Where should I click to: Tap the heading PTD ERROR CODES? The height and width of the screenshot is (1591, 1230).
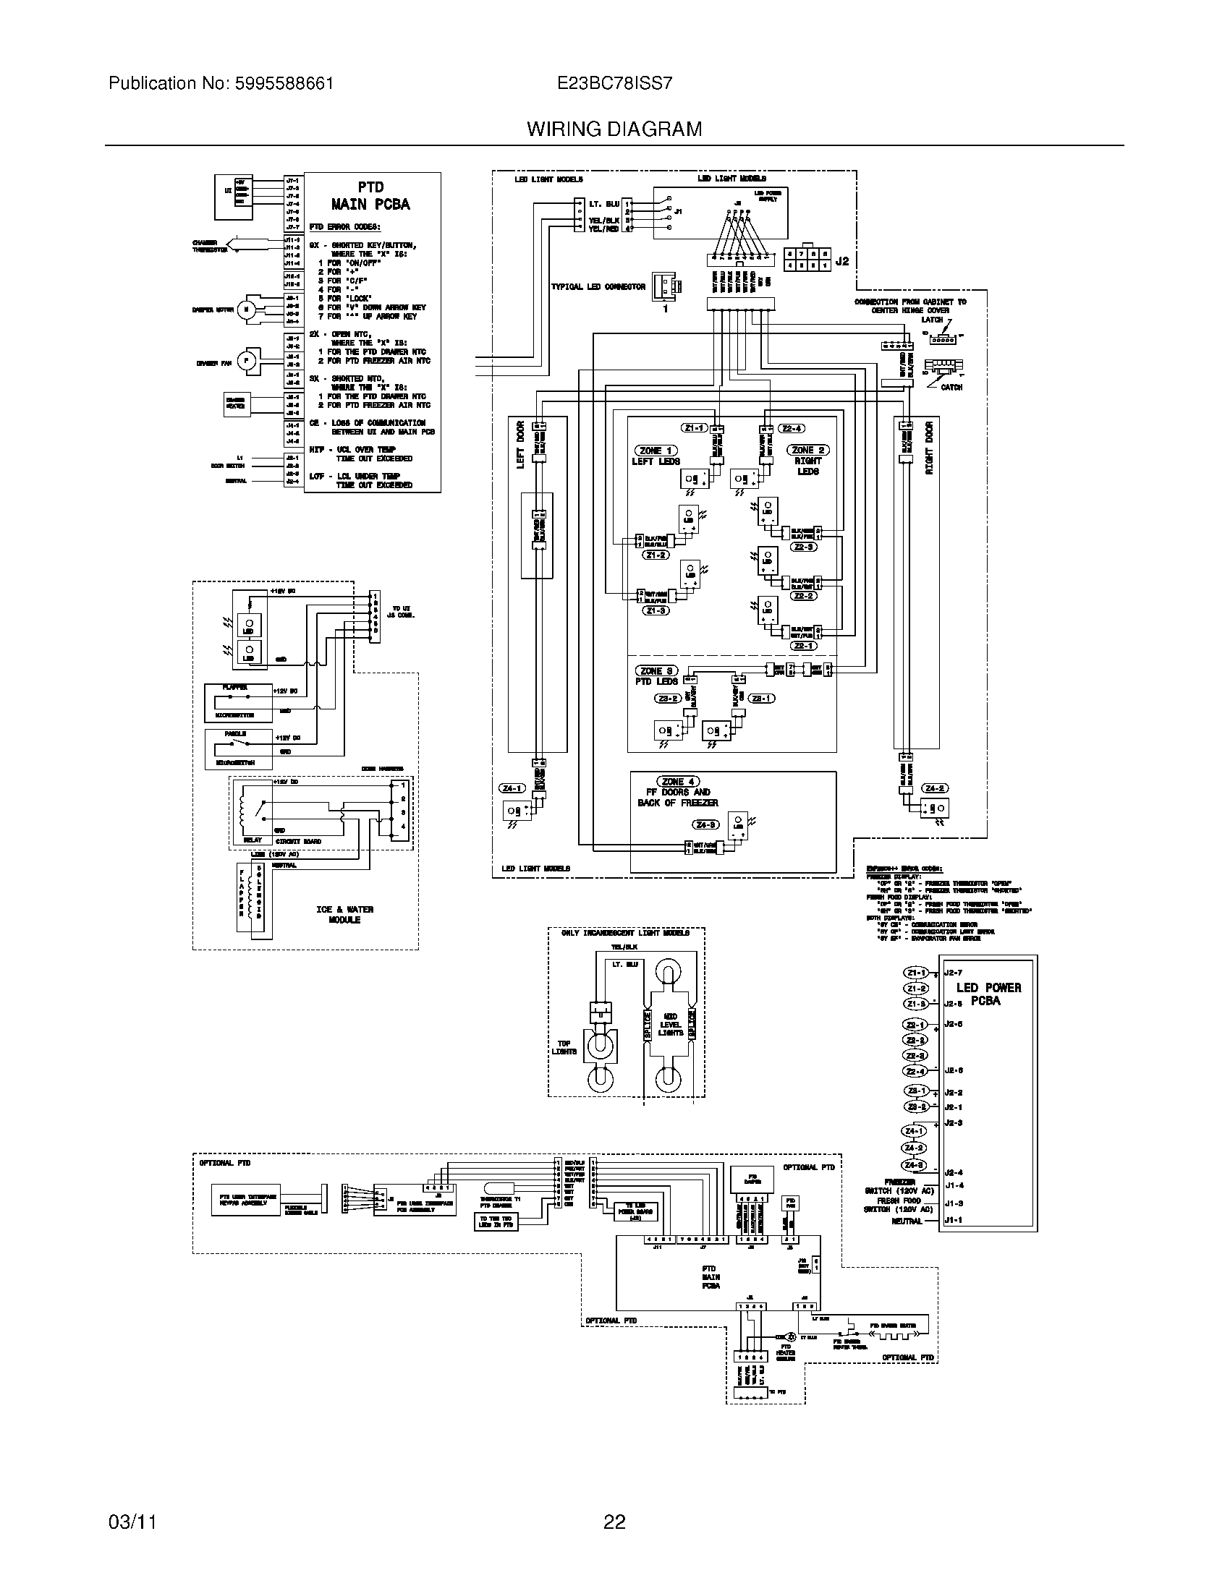(339, 227)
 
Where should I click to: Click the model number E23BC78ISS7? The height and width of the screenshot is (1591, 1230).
(614, 83)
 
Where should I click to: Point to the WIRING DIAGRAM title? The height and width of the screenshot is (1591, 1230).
(614, 129)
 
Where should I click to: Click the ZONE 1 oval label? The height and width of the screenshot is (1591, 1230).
(656, 451)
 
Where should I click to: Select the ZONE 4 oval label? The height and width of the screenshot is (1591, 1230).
(678, 781)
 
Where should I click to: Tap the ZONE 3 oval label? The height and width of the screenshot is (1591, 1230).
(656, 670)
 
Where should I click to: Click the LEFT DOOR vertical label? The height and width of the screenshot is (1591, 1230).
(520, 445)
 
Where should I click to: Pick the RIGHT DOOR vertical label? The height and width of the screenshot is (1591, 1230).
(929, 448)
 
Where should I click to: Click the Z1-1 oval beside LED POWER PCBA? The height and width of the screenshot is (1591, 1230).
(916, 973)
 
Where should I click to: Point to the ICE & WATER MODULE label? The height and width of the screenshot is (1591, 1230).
(344, 914)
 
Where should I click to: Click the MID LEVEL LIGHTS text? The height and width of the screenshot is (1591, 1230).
(671, 1023)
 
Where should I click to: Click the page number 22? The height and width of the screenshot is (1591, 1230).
(614, 1521)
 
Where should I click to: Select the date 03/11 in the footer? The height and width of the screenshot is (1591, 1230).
(132, 1521)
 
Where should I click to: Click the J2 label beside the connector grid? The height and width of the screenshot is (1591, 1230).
(841, 261)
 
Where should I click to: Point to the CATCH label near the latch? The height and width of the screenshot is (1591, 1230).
(951, 387)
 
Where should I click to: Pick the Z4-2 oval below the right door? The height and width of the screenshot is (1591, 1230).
(934, 788)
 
